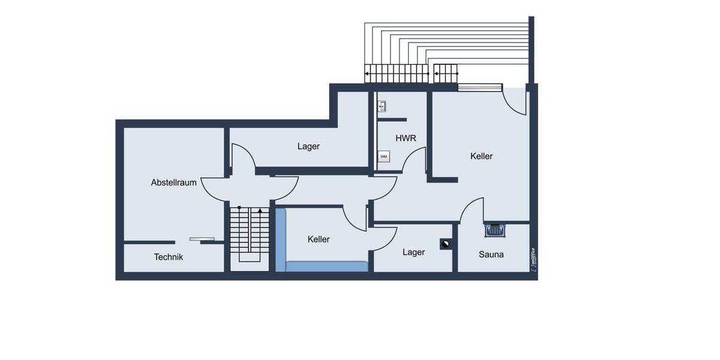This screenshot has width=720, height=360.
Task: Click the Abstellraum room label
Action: point(173,182)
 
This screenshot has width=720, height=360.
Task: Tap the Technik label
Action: point(169,257)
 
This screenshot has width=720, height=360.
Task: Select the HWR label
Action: point(406,138)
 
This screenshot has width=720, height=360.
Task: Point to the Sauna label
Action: point(491,254)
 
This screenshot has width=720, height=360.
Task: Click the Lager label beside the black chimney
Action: point(413,252)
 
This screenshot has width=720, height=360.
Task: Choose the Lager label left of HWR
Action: point(308,146)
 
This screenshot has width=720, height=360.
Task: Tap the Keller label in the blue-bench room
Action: point(319,239)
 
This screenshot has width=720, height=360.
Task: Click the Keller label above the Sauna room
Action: point(481,156)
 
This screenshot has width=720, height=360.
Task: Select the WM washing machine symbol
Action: point(383,157)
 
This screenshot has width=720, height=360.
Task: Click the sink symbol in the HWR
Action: point(382,107)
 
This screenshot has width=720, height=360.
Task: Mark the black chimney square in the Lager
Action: point(446,244)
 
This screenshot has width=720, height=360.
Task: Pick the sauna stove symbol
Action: point(494,230)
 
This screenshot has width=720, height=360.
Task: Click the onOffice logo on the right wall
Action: point(533,259)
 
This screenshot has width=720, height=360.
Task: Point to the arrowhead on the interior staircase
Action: point(260,211)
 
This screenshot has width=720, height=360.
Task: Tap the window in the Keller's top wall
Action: point(479,88)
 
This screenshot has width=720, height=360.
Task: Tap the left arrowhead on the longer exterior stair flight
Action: point(367,74)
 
